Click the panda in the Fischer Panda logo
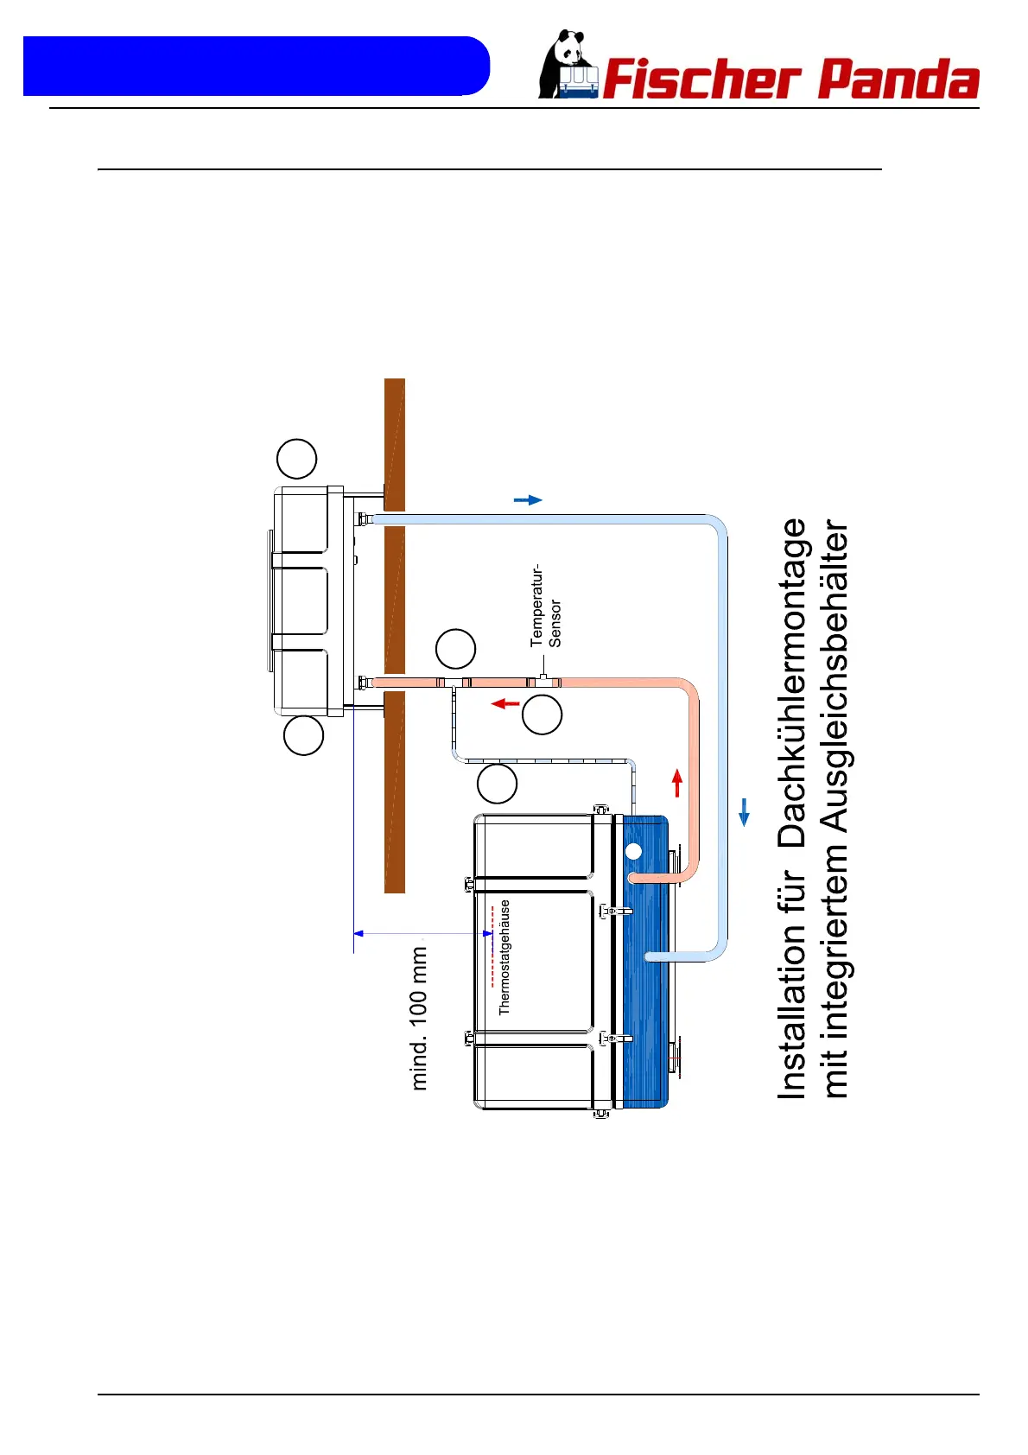[567, 65]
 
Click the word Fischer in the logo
[701, 79]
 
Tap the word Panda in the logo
[898, 79]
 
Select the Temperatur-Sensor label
[546, 607]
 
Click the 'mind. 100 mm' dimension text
[419, 1018]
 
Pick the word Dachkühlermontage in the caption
[792, 683]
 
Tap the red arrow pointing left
[505, 703]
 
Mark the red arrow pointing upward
[677, 782]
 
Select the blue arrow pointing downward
[744, 812]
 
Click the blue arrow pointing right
[528, 499]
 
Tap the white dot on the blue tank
[633, 851]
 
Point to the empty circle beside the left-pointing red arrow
[543, 715]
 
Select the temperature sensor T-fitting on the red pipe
[543, 680]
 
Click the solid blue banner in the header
[256, 66]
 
